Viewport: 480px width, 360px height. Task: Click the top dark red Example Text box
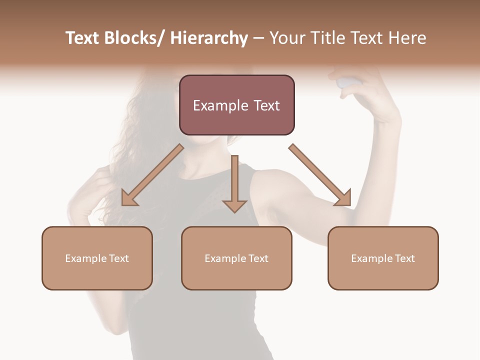(x=236, y=105)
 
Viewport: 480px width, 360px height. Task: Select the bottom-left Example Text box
(x=97, y=258)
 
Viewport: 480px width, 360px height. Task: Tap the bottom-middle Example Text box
(x=236, y=258)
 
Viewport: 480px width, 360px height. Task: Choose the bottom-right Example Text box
(x=383, y=258)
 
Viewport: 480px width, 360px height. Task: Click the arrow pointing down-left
(x=152, y=175)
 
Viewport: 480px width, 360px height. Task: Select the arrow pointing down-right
(x=320, y=175)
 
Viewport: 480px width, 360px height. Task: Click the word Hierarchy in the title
(x=208, y=38)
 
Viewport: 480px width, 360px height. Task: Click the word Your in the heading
(x=288, y=38)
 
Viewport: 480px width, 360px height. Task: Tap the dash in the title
(x=258, y=38)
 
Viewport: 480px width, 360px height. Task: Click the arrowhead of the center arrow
(x=234, y=205)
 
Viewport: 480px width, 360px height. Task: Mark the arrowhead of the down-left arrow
(x=128, y=199)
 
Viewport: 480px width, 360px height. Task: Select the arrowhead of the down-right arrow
(x=344, y=199)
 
